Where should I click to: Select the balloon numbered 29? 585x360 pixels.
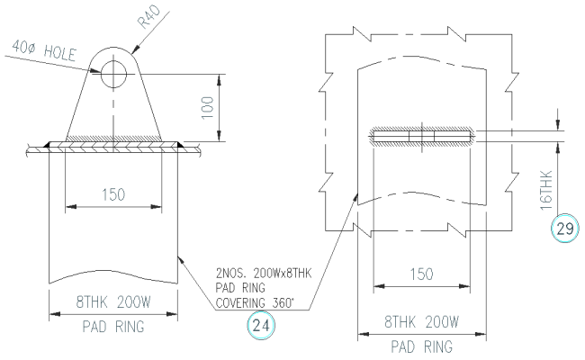[563, 229]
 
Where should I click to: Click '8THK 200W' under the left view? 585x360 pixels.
[112, 302]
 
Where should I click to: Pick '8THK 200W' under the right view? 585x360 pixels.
[421, 321]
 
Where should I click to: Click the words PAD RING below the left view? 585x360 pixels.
[112, 325]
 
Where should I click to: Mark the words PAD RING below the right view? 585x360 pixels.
[421, 345]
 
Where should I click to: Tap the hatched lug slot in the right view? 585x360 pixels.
[420, 137]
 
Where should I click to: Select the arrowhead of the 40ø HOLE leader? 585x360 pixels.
[102, 70]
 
